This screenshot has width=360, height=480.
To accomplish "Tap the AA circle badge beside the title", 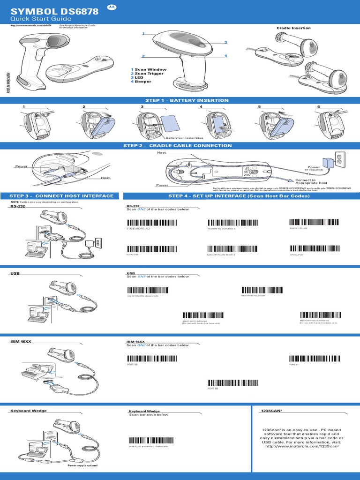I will [x=111, y=7].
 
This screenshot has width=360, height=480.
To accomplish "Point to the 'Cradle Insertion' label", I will [x=293, y=28].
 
